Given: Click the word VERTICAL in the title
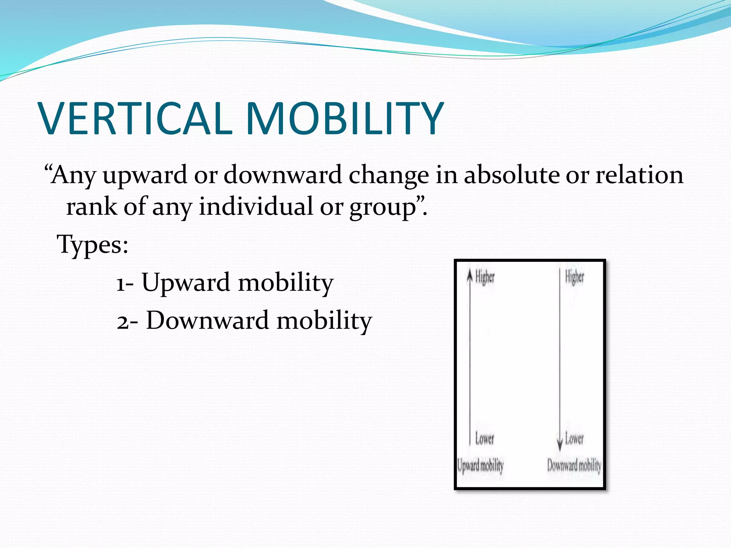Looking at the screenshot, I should (x=136, y=118).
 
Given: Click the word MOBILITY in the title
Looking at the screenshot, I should (x=344, y=118).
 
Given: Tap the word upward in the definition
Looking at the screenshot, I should (x=145, y=176).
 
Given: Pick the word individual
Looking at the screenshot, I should (x=256, y=207).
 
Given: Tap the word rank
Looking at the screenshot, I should (x=91, y=207).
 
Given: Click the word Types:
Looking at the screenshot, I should (x=92, y=245).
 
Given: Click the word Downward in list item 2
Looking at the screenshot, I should (x=207, y=320).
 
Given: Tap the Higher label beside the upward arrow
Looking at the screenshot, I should (x=485, y=277).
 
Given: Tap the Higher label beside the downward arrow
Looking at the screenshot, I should (x=574, y=277).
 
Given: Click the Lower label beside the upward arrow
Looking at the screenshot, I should (x=484, y=438).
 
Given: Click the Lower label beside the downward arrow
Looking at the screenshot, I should (x=574, y=438).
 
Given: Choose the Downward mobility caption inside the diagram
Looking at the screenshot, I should (x=574, y=466).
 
